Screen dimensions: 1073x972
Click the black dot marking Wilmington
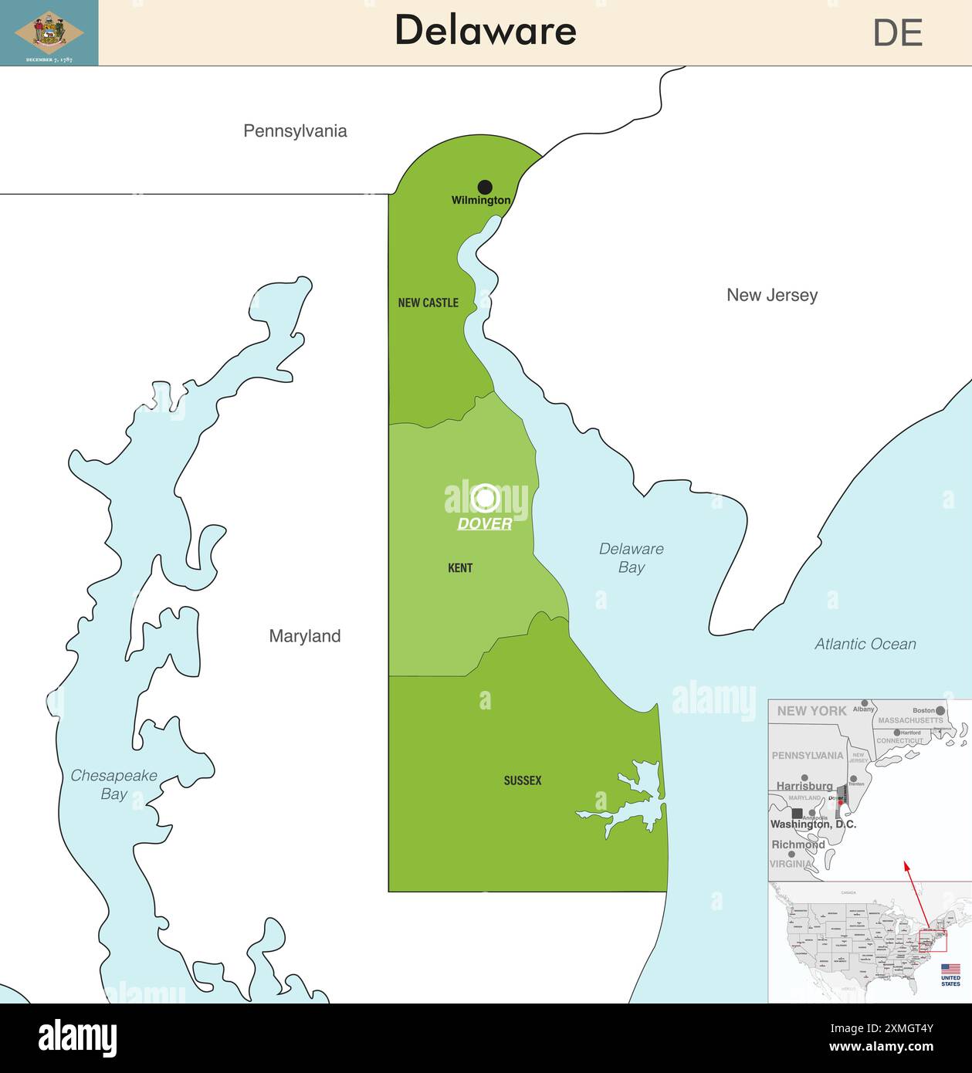pyautogui.click(x=485, y=187)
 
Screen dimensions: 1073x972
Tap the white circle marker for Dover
pyautogui.click(x=485, y=499)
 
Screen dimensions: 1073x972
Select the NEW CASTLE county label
pyautogui.click(x=428, y=303)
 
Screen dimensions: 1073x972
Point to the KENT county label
pyautogui.click(x=460, y=568)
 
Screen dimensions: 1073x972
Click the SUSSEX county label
pyautogui.click(x=523, y=780)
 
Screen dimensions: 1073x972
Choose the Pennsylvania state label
pyautogui.click(x=295, y=131)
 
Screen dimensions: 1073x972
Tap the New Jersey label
pyautogui.click(x=771, y=295)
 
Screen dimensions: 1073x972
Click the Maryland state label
pyautogui.click(x=304, y=636)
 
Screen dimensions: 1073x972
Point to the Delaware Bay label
pyautogui.click(x=631, y=557)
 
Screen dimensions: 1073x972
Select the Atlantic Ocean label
pyautogui.click(x=865, y=644)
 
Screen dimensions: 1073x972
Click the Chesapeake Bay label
pyautogui.click(x=113, y=784)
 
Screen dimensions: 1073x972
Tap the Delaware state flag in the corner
pyautogui.click(x=49, y=32)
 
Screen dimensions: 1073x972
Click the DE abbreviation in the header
pyautogui.click(x=897, y=33)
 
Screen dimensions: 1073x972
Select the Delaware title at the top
pyautogui.click(x=485, y=31)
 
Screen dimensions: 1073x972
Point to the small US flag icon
pyautogui.click(x=950, y=969)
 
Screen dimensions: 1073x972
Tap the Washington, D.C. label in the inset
pyautogui.click(x=813, y=824)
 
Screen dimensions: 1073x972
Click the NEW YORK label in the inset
pyautogui.click(x=811, y=711)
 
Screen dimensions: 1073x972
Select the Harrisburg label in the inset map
pyautogui.click(x=804, y=786)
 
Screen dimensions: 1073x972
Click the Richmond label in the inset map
pyautogui.click(x=798, y=845)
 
